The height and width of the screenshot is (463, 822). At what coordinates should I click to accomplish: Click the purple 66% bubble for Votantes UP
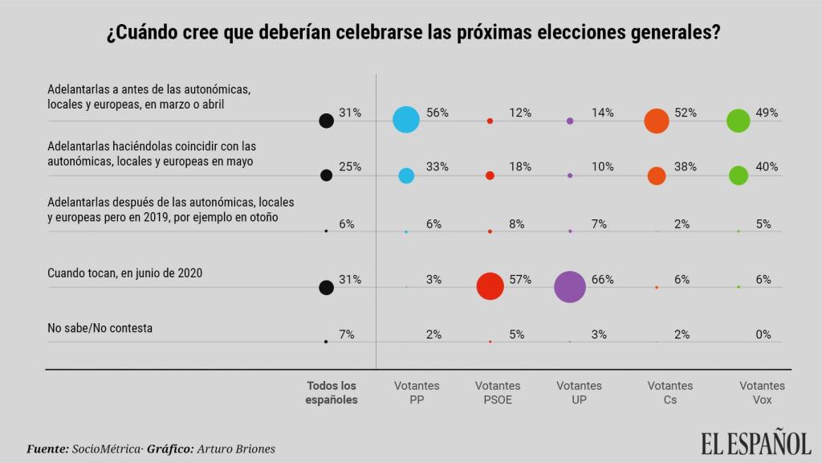(x=570, y=287)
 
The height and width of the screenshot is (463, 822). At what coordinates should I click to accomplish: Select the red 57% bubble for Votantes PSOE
(x=490, y=286)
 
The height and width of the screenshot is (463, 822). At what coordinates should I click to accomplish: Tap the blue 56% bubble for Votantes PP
(x=406, y=120)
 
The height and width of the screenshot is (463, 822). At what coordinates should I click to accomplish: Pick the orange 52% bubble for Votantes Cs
(x=657, y=121)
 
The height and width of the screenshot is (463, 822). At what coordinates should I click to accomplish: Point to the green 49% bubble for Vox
(x=738, y=121)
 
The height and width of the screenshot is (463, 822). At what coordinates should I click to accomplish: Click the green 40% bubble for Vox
(x=739, y=175)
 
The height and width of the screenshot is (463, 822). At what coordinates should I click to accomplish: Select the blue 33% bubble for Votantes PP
(x=406, y=175)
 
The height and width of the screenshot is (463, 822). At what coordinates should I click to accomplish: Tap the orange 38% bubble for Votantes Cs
(x=657, y=175)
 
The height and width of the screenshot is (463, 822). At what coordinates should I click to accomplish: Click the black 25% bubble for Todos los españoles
(x=326, y=175)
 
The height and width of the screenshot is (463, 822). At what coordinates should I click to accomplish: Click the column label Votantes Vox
(x=762, y=392)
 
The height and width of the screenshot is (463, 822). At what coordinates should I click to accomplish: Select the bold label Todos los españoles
(x=332, y=392)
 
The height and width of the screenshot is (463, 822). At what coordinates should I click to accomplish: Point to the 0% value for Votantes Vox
(x=763, y=335)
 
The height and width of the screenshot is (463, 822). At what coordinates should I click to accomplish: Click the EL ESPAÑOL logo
(x=755, y=443)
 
